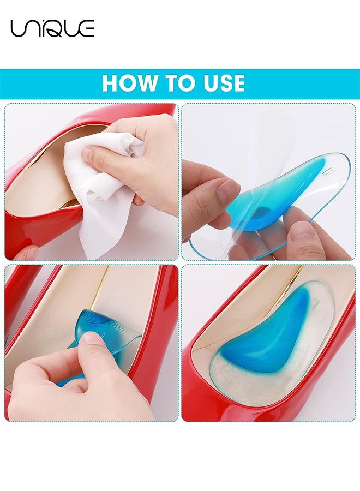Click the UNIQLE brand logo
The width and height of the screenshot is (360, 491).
tap(52, 28)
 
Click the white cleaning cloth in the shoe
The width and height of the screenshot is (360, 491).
tap(104, 180)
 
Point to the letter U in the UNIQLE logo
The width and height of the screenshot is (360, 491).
tap(19, 28)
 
